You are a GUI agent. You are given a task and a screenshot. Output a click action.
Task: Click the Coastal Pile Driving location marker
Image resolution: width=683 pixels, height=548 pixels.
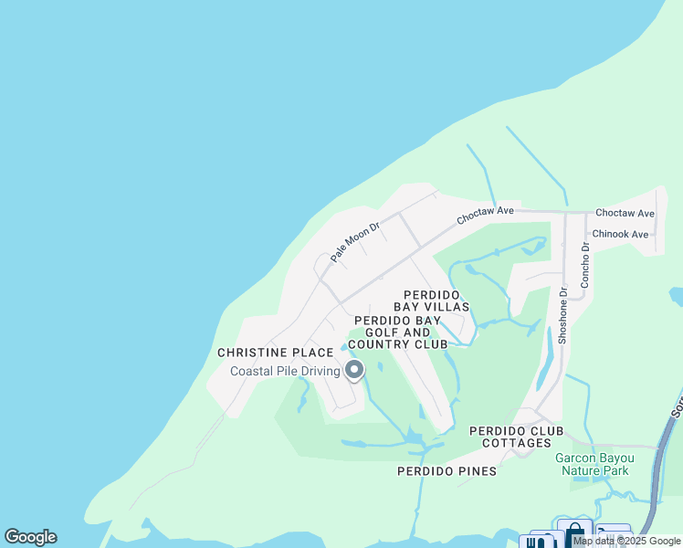pyautogui.click(x=353, y=370)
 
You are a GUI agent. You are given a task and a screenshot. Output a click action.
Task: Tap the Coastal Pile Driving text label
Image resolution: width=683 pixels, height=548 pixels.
pyautogui.click(x=284, y=371)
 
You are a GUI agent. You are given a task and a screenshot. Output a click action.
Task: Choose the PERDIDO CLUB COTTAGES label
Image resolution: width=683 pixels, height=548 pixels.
pyautogui.click(x=516, y=437)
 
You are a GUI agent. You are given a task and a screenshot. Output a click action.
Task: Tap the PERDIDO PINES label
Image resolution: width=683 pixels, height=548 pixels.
pyautogui.click(x=447, y=471)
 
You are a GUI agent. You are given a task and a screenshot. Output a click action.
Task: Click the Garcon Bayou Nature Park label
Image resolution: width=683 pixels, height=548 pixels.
pyautogui.click(x=592, y=464)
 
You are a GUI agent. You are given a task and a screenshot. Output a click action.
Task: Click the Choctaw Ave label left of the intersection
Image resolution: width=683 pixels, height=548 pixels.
pyautogui.click(x=486, y=215)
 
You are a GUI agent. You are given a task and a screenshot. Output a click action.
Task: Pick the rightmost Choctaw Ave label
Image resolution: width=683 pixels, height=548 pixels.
pyautogui.click(x=625, y=213)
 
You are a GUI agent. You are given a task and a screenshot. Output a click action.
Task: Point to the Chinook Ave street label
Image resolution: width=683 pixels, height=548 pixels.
pyautogui.click(x=620, y=235)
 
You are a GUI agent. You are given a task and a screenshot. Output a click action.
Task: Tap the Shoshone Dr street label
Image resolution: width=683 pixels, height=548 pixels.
pyautogui.click(x=562, y=316)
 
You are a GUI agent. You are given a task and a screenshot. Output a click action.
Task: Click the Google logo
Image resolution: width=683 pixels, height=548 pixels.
pyautogui.click(x=30, y=537)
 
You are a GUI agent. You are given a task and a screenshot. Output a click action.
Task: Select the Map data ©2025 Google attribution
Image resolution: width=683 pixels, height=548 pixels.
pyautogui.click(x=626, y=542)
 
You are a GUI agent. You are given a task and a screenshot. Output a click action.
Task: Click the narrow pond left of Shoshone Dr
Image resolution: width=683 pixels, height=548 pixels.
pyautogui.click(x=544, y=364)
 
